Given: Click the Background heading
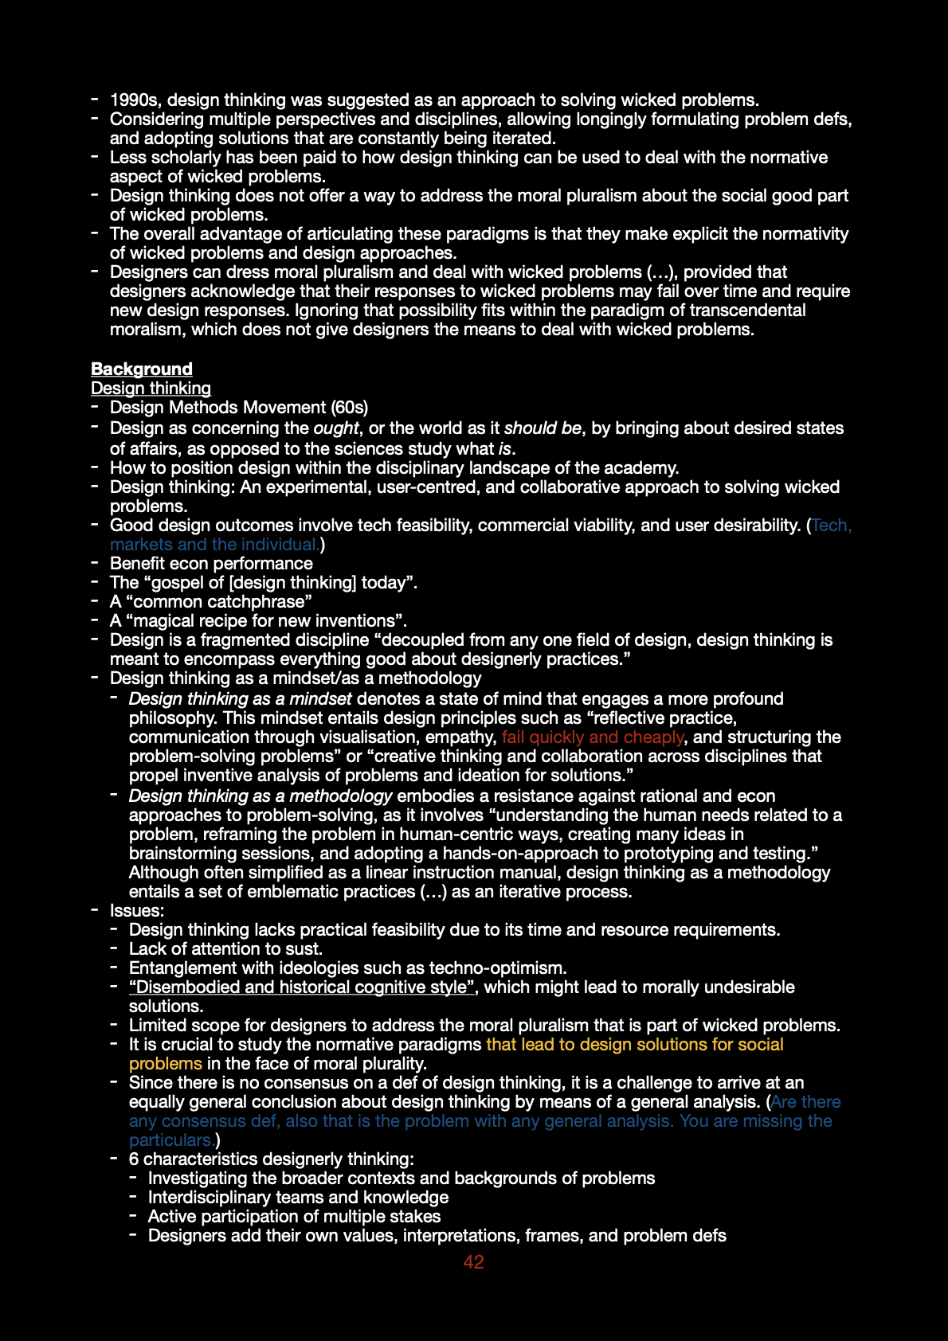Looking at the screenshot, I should [141, 369].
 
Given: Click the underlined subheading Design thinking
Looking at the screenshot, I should [151, 388].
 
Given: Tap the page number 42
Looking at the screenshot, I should [473, 1261].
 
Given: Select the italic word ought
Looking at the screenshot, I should [336, 428].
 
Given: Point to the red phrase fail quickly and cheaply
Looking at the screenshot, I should [592, 737].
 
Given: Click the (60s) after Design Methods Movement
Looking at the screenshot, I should [350, 407].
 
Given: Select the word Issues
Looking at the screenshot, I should [136, 910].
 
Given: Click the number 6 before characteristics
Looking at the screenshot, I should [134, 1159].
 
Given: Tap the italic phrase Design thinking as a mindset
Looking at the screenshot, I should [240, 698].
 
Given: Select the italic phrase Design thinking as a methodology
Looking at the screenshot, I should [261, 796].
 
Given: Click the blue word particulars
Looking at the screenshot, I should [170, 1140].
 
